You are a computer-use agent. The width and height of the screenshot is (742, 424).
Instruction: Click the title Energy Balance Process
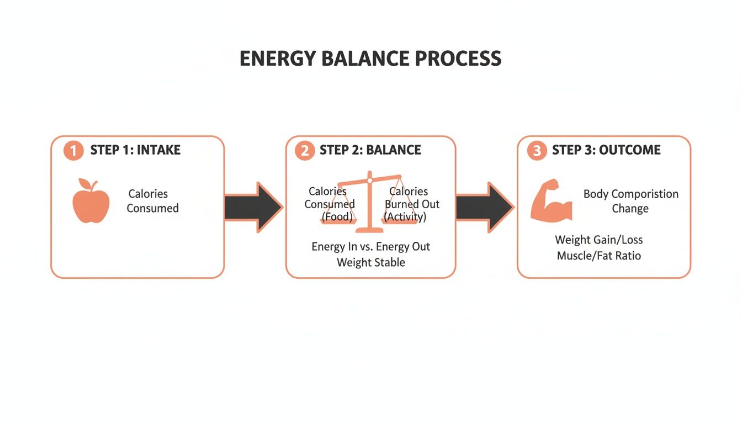(370, 59)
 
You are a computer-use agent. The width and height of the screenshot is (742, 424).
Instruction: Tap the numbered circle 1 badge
(73, 150)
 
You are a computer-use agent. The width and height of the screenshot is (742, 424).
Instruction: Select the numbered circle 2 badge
(304, 150)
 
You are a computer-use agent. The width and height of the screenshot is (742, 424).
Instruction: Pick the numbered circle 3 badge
(537, 150)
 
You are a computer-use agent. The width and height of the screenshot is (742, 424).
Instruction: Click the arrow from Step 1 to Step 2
(254, 207)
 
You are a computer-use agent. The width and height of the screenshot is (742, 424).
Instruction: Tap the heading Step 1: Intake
(135, 150)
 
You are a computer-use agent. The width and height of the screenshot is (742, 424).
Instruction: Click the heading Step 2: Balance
(370, 150)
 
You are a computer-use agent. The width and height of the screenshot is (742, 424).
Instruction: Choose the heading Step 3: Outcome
(606, 150)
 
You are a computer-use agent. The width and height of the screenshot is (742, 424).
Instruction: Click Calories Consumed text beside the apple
(152, 201)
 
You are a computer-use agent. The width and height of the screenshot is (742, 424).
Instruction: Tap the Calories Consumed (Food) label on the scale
(330, 204)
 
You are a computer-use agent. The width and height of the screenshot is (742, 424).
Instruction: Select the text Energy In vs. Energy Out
(370, 246)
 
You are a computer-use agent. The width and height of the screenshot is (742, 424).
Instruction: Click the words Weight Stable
(370, 262)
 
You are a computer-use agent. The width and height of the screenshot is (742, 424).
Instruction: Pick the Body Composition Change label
(630, 201)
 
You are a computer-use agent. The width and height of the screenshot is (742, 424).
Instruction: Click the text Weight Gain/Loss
(598, 240)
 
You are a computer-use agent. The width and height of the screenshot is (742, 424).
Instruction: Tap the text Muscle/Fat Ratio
(598, 256)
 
